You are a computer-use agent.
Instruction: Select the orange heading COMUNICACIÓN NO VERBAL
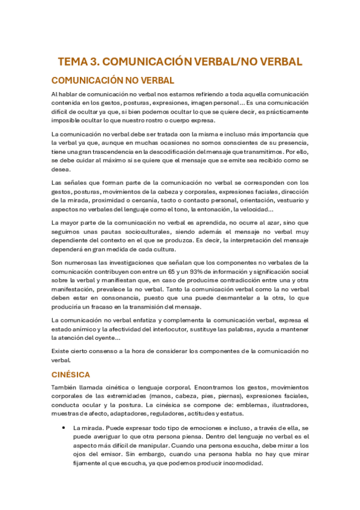113,80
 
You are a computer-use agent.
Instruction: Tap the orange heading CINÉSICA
71,373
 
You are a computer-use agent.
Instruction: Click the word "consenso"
99,350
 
